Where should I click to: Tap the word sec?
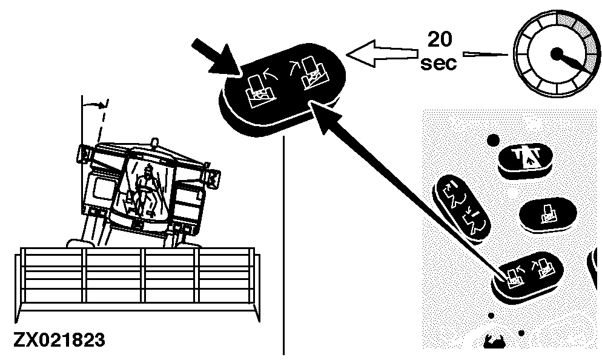(438, 63)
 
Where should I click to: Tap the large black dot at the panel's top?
(494, 141)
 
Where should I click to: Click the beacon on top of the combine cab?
(154, 144)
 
